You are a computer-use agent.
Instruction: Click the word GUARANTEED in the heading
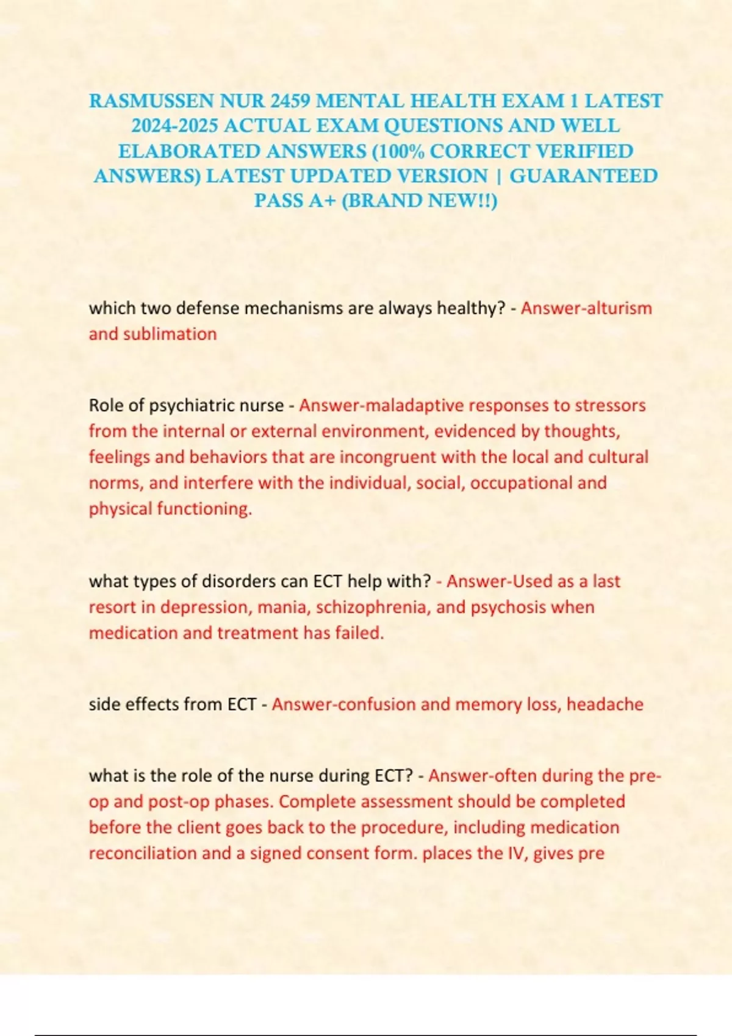[x=583, y=176]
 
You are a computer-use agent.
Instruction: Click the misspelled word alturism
[x=619, y=308]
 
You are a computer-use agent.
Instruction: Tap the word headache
[x=605, y=704]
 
